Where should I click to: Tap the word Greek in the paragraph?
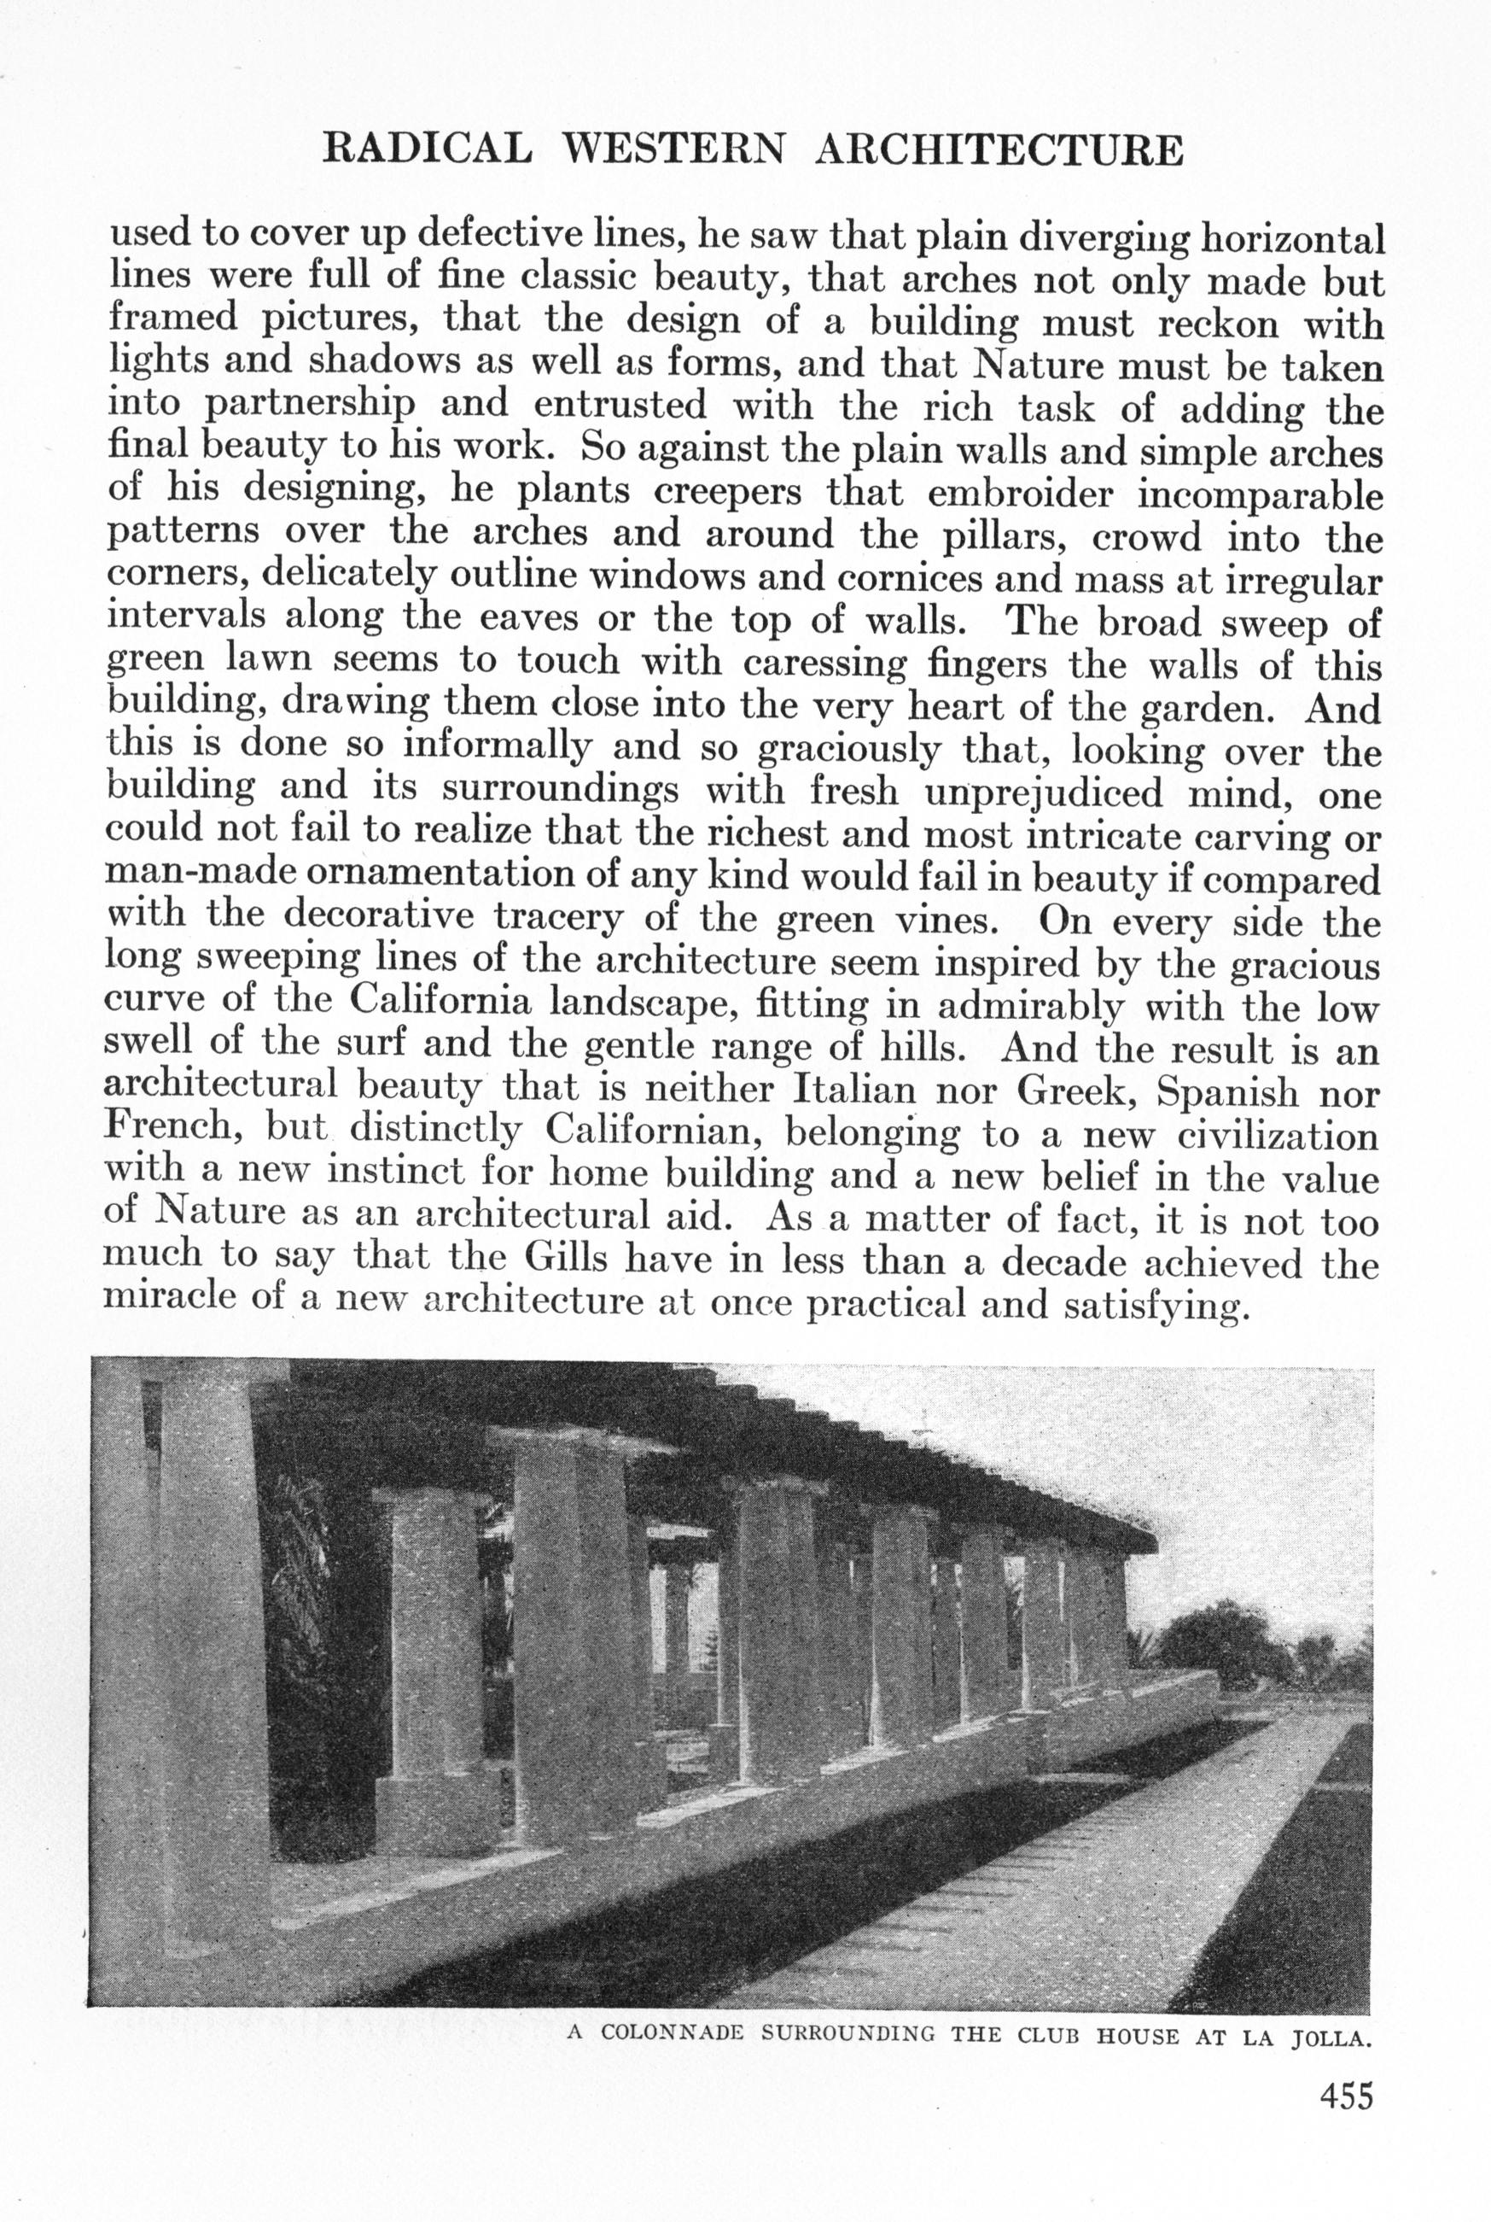click(x=1072, y=1093)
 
